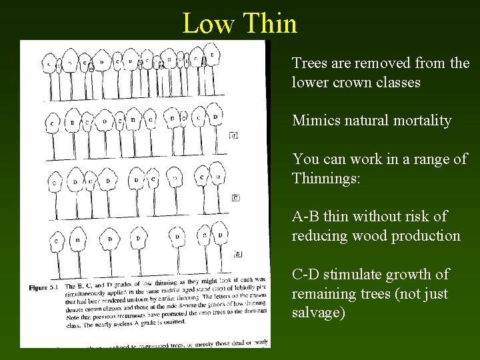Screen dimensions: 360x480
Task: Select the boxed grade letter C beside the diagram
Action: point(236,198)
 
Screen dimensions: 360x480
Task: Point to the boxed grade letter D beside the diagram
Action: point(238,253)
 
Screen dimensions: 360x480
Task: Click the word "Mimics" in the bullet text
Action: point(316,121)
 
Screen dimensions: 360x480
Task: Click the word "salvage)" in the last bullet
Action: point(319,313)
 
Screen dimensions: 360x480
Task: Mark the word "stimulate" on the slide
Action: point(357,274)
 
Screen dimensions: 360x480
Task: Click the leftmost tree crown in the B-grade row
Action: point(52,123)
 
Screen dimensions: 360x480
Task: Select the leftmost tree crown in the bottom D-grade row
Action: point(57,240)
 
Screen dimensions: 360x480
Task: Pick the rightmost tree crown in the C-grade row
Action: point(218,177)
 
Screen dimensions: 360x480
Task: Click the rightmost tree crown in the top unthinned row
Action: point(212,54)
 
